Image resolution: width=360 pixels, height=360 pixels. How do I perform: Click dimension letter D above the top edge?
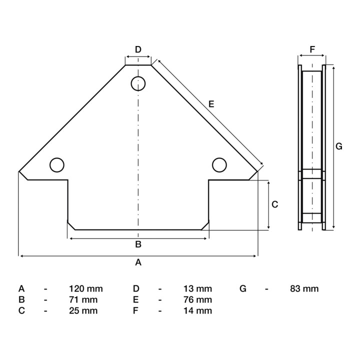138,49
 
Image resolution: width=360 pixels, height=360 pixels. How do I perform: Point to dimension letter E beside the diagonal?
211,104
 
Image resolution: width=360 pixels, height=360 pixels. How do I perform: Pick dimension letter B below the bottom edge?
138,244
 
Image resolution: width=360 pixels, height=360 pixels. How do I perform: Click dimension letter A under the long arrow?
138,262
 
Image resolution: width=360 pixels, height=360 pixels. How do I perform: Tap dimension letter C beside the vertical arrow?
275,204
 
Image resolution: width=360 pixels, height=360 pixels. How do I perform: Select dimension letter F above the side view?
312,49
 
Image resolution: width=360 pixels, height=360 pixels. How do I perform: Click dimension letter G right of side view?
339,146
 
